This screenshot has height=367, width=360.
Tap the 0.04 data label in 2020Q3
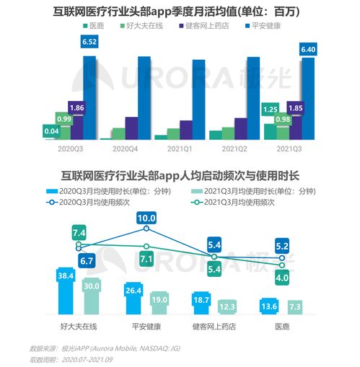(51, 131)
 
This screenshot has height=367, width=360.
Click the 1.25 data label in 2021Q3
(269, 110)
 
